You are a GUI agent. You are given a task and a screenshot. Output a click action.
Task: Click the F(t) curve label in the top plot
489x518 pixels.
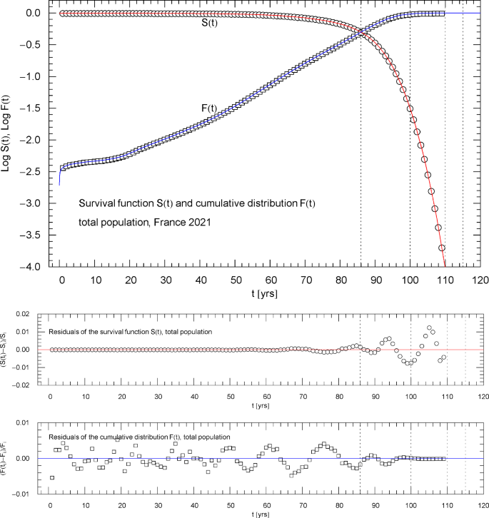(x=209, y=108)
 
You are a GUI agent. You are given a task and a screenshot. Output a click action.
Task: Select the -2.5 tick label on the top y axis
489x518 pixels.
(x=34, y=172)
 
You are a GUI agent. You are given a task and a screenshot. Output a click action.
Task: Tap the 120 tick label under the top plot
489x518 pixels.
(x=480, y=280)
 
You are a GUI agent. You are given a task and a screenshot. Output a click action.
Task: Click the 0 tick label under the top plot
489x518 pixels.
(x=61, y=280)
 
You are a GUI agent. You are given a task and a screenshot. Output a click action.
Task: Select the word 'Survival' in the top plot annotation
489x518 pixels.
(x=99, y=203)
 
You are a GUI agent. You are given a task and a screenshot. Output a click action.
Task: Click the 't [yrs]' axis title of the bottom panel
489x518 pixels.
(x=265, y=513)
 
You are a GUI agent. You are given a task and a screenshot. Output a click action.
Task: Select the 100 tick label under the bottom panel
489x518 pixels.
(x=410, y=504)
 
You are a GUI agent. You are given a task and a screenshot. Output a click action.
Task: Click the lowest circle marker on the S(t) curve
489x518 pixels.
(x=442, y=248)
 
